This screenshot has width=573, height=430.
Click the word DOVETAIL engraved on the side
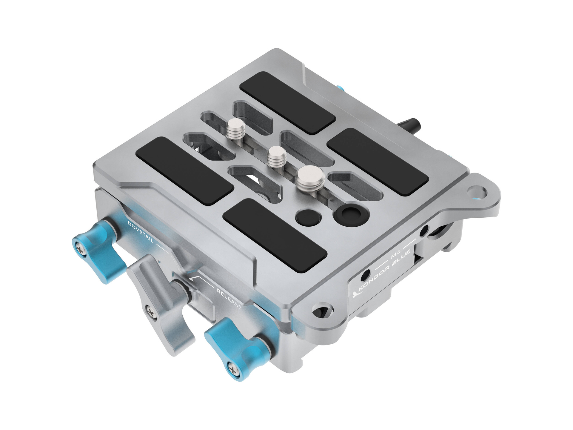tap(141, 232)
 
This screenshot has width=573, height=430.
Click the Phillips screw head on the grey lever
tap(152, 312)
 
